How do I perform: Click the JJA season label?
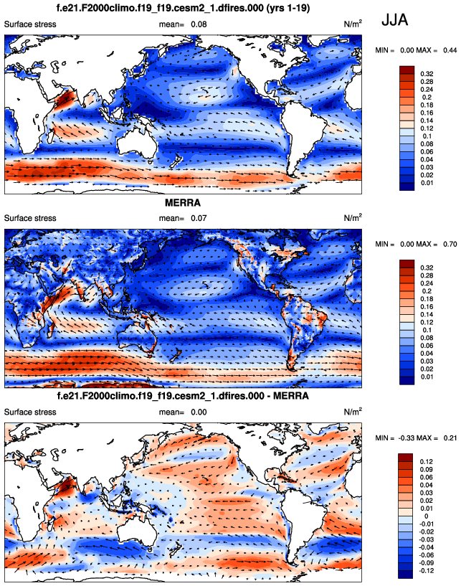pyautogui.click(x=395, y=20)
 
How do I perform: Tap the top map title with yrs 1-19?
pyautogui.click(x=183, y=9)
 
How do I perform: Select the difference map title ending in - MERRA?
pyautogui.click(x=183, y=396)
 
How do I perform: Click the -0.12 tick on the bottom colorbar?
pyautogui.click(x=429, y=571)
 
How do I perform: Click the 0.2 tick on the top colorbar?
pyautogui.click(x=425, y=96)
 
